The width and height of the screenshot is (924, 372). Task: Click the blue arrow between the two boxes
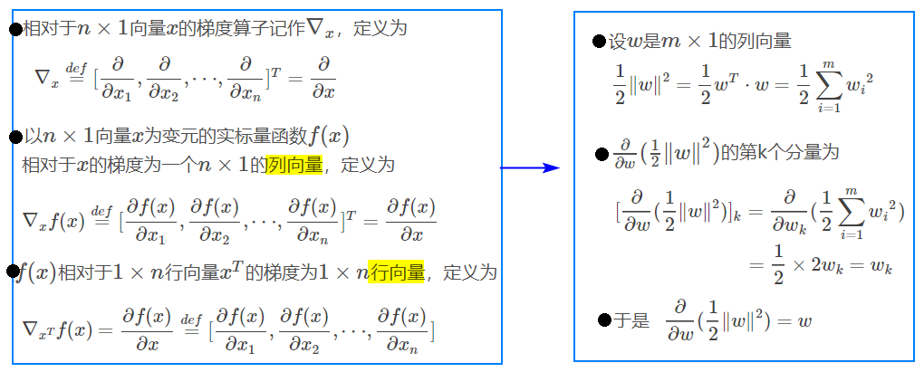(x=530, y=168)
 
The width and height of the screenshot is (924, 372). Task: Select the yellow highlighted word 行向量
(x=396, y=272)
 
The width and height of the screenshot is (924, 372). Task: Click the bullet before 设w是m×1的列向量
(x=600, y=42)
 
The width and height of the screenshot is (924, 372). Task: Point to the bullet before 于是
(x=604, y=320)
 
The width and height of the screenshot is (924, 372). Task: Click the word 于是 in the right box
(x=631, y=320)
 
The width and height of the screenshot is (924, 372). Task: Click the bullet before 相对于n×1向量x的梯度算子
(x=16, y=28)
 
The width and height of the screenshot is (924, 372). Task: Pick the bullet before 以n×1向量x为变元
(x=16, y=138)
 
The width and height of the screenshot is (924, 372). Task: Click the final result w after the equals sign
(x=804, y=320)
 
